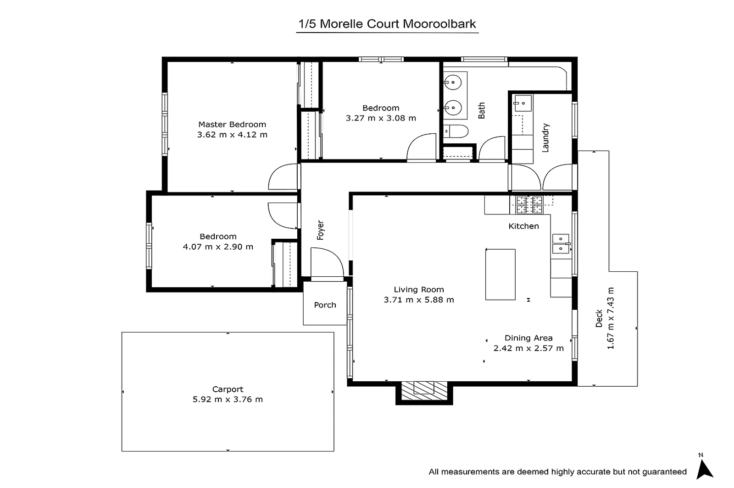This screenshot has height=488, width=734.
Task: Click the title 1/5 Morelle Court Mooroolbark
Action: [x=387, y=24]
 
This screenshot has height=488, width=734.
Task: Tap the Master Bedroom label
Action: [x=232, y=124]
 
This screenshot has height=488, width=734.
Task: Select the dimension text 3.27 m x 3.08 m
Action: [x=381, y=118]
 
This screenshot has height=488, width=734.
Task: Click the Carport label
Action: [x=228, y=389]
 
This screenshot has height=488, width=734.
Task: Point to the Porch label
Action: [x=325, y=305]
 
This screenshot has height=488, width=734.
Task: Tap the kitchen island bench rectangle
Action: [x=500, y=274]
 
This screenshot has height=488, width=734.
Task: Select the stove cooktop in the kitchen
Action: [x=529, y=205]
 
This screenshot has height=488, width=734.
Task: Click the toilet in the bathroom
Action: [x=456, y=132]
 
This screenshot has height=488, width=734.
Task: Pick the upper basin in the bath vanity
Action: [x=453, y=82]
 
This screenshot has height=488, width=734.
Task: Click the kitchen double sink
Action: [x=561, y=244]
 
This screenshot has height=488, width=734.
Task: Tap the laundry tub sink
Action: [x=523, y=104]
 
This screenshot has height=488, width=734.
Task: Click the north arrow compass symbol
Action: [x=704, y=469]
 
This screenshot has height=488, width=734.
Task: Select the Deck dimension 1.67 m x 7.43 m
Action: [x=611, y=318]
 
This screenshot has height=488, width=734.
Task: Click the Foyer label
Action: [x=320, y=230]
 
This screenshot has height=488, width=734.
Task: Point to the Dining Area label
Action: [x=528, y=338]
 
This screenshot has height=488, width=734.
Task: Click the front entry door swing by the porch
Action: [x=327, y=263]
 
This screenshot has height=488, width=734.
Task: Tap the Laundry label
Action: [x=545, y=137]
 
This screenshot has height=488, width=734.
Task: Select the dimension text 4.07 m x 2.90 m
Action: [x=218, y=247]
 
